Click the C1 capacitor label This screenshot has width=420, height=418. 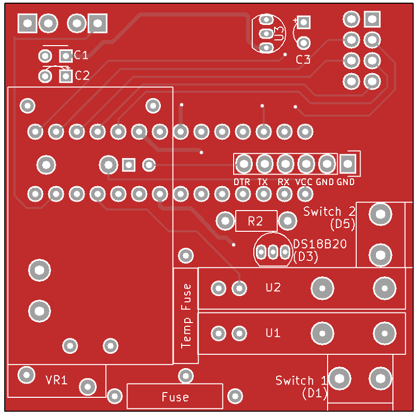tap(81, 55)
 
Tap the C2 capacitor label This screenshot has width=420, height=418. tap(82, 76)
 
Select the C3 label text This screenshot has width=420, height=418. tap(303, 59)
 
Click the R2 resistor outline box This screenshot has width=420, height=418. tap(256, 221)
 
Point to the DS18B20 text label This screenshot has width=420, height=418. tap(320, 245)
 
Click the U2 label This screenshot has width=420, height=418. tap(273, 288)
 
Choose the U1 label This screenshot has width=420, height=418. tap(273, 333)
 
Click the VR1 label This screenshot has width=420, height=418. tap(56, 380)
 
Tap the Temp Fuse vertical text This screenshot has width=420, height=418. tap(186, 316)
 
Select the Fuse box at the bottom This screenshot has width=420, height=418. tap(175, 396)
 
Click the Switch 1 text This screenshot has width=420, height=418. tap(302, 380)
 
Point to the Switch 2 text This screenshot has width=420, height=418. tap(329, 211)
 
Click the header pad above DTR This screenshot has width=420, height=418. tap(244, 163)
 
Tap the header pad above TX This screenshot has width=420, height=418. tap(264, 163)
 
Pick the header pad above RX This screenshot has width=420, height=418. tap(285, 163)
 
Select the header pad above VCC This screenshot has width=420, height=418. tap(306, 163)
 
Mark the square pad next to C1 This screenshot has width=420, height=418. tap(66, 55)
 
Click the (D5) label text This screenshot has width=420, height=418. tap(342, 224)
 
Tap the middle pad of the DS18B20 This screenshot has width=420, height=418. tap(273, 252)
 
